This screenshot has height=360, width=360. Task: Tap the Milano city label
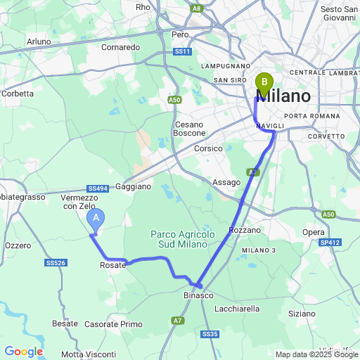click(x=288, y=96)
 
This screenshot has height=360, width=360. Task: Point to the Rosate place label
click(x=113, y=265)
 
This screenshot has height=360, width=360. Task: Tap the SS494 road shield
click(x=98, y=188)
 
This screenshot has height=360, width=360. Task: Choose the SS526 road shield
click(x=56, y=262)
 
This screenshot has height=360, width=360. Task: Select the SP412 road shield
click(x=330, y=243)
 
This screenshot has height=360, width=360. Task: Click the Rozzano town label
click(x=245, y=230)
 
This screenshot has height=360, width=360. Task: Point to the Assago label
click(x=226, y=182)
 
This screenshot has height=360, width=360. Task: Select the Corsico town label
click(x=208, y=148)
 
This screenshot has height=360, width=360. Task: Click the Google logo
click(x=24, y=351)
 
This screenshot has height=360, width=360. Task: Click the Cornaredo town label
click(x=121, y=47)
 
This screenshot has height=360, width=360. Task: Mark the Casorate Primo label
click(x=113, y=324)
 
